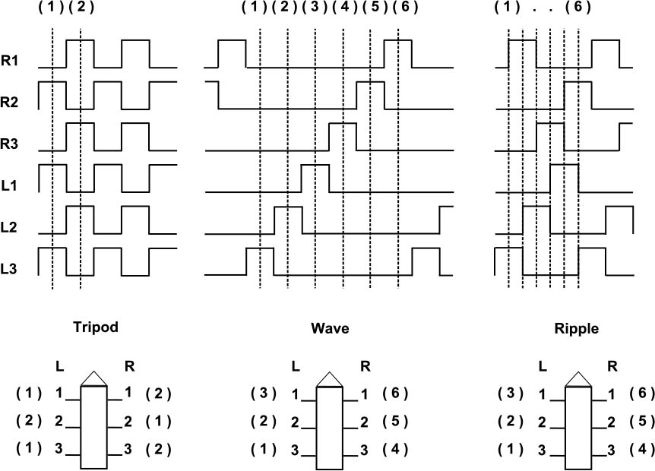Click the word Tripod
click(x=97, y=329)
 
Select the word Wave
click(x=330, y=329)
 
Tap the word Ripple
click(x=577, y=329)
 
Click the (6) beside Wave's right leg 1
click(x=396, y=394)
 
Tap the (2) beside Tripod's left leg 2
click(x=28, y=421)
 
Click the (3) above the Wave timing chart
click(x=312, y=9)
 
